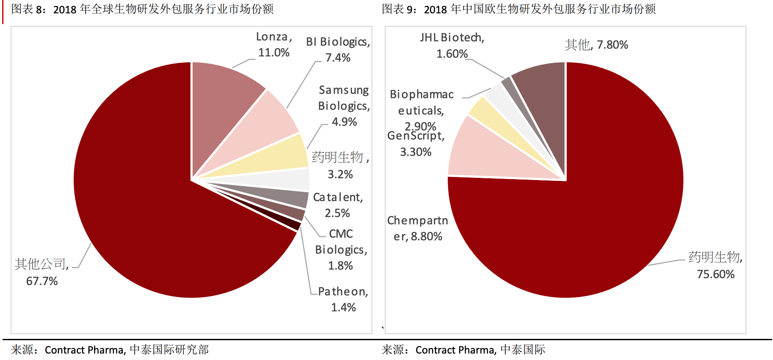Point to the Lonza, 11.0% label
point(274,44)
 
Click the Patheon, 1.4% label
point(343,299)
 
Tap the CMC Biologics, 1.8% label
point(341,250)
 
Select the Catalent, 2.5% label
point(338,205)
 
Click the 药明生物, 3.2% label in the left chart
point(340,165)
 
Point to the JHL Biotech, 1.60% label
point(452,45)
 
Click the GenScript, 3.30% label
point(416,144)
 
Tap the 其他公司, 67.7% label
point(42,272)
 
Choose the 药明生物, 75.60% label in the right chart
point(715,265)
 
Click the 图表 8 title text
point(142,9)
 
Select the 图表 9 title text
point(518,9)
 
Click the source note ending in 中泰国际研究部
point(110,350)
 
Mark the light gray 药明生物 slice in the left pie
point(289,179)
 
